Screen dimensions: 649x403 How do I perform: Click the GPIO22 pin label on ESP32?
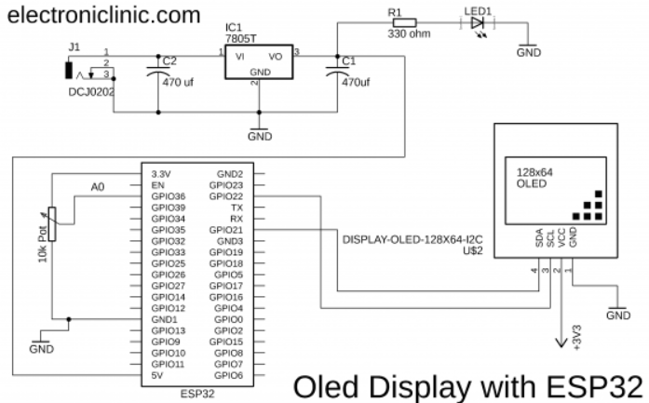(x=226, y=196)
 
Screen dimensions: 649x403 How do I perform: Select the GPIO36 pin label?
(x=168, y=196)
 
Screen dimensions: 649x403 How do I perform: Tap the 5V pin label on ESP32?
(x=156, y=375)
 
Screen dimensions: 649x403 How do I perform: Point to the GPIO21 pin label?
(x=226, y=230)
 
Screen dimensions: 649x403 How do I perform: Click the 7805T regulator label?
(x=240, y=38)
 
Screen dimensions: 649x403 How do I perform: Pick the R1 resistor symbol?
(x=404, y=23)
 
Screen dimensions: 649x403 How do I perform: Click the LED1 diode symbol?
(x=478, y=23)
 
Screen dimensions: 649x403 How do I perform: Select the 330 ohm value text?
(x=409, y=34)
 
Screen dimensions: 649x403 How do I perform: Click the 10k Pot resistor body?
(x=52, y=224)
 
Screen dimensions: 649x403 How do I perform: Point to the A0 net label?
(x=98, y=187)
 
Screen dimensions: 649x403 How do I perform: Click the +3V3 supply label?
(x=577, y=337)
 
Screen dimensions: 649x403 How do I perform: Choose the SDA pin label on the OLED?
(x=539, y=238)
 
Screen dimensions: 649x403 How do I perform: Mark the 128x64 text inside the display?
(x=534, y=172)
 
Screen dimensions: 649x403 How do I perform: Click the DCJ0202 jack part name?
(x=91, y=92)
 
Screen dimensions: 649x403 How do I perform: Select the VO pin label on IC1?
(x=276, y=57)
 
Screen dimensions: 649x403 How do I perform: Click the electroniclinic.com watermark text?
(x=104, y=15)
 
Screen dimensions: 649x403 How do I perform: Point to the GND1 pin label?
(x=164, y=319)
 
